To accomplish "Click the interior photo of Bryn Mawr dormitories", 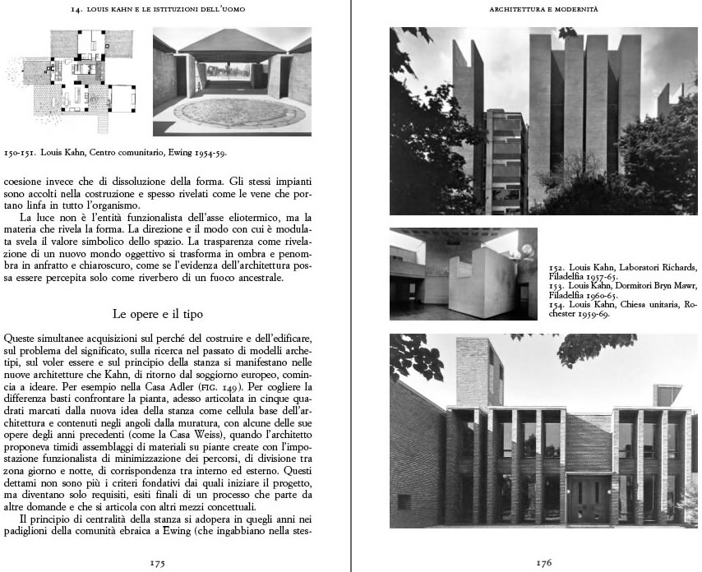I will tap(463, 274).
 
